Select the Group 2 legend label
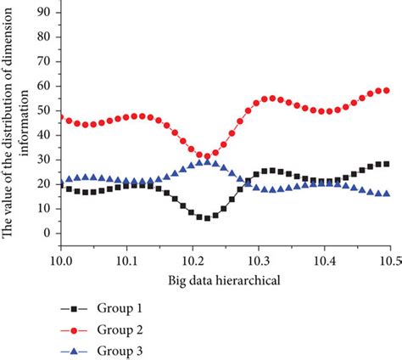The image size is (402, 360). [124, 328]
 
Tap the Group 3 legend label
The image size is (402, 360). [124, 350]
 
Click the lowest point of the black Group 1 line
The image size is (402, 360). [206, 218]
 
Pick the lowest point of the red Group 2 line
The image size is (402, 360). [206, 157]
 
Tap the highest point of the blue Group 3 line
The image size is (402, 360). [206, 161]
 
